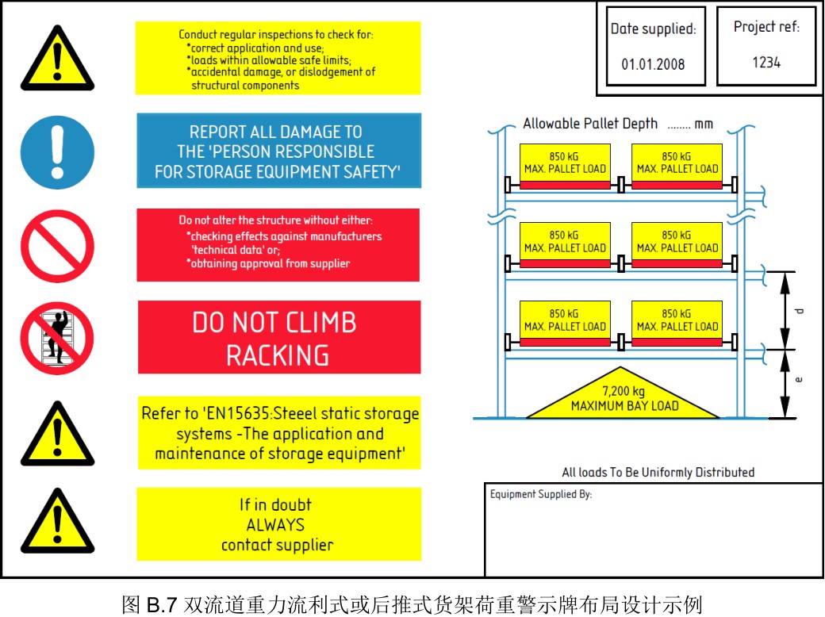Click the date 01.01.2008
click(x=653, y=63)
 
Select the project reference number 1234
click(x=766, y=62)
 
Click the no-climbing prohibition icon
click(x=57, y=337)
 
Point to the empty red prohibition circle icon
click(x=57, y=245)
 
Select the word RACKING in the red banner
click(x=278, y=355)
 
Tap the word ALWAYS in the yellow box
click(x=275, y=525)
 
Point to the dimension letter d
click(x=800, y=310)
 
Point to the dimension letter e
click(x=799, y=380)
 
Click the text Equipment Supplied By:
click(x=540, y=495)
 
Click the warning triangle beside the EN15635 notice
click(x=57, y=435)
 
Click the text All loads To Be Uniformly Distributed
click(x=658, y=473)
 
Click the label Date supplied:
click(x=653, y=29)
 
